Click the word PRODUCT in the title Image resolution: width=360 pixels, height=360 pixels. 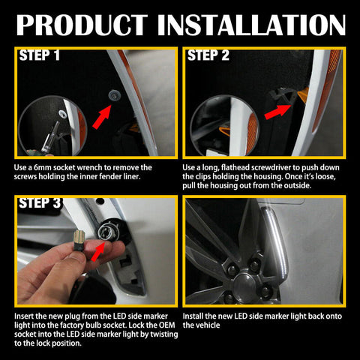(82, 25)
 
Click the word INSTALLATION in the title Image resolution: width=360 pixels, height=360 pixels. (251, 25)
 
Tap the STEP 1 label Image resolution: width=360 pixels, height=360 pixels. (40, 55)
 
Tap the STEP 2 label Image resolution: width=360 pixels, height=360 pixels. (208, 55)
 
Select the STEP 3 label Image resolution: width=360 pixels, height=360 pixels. (40, 202)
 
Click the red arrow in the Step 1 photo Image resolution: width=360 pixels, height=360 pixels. (102, 117)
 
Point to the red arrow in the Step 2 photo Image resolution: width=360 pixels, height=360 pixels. (277, 112)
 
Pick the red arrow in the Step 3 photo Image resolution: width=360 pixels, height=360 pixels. (98, 251)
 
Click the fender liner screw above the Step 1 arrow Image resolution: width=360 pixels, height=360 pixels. (115, 94)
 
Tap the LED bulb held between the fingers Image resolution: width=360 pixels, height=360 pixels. (80, 240)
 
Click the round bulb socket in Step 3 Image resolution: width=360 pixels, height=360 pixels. (105, 230)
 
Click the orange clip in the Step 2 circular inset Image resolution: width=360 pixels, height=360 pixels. (224, 131)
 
